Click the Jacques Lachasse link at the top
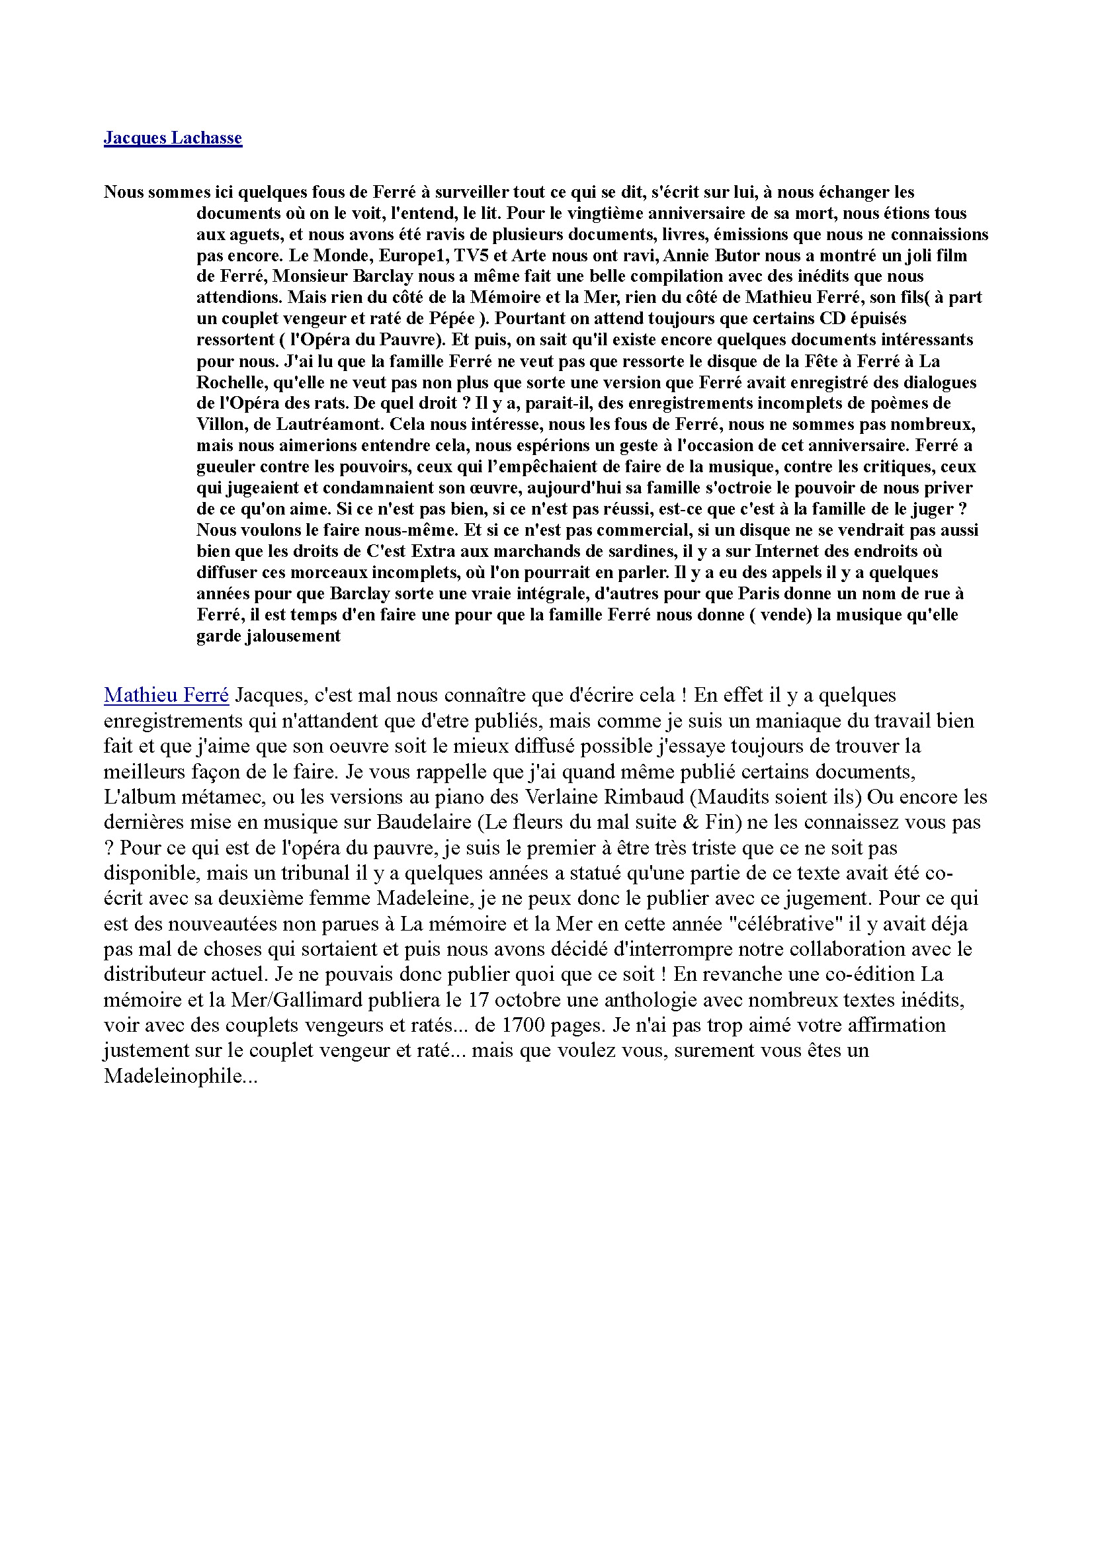click(173, 138)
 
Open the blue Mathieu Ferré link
click(167, 694)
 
